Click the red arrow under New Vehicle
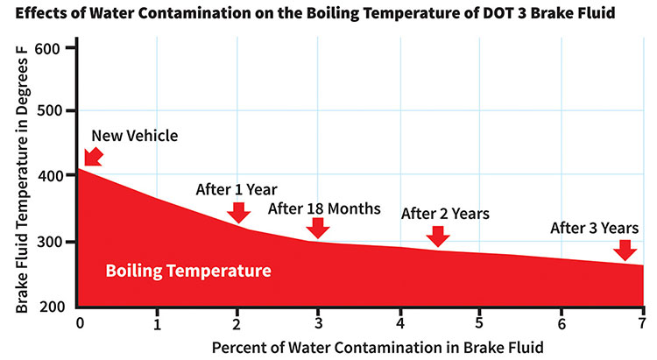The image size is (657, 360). [93, 157]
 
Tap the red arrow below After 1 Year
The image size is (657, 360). [239, 213]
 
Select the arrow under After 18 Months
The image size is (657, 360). [318, 229]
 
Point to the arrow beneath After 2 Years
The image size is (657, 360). [438, 236]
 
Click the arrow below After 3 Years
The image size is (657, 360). [625, 251]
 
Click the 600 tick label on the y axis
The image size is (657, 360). [47, 49]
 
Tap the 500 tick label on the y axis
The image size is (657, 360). [47, 111]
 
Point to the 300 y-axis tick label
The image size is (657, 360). [47, 242]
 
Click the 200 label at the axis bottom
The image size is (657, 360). [53, 307]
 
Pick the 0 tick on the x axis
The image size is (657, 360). [80, 323]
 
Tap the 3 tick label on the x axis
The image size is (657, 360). [319, 323]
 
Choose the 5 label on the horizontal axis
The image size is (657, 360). [479, 323]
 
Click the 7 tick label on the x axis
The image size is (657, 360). [642, 323]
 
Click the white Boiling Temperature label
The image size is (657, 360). [188, 271]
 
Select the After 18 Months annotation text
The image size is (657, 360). [324, 208]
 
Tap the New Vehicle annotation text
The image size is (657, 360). [135, 136]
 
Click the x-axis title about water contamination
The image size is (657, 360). [378, 348]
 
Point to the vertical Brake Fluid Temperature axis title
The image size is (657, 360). [21, 180]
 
